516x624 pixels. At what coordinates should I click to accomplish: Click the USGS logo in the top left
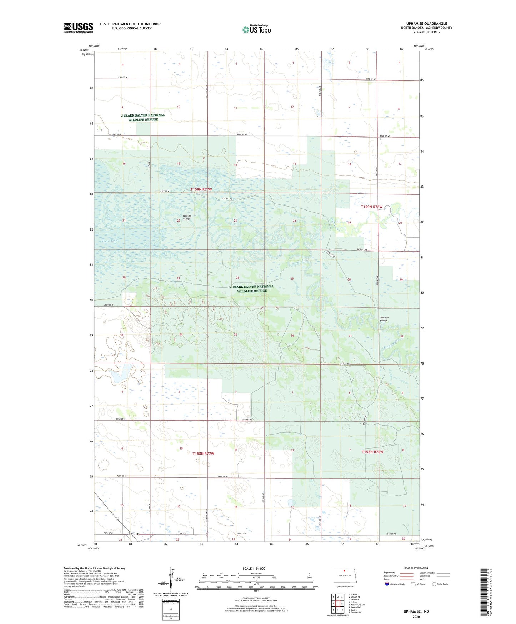coord(78,28)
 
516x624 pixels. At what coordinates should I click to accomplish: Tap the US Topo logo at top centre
coord(256,29)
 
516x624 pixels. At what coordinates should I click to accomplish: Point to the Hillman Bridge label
coord(187,217)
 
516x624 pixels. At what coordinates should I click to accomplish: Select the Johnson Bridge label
coord(384,319)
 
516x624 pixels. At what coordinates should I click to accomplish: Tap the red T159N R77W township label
coord(201,189)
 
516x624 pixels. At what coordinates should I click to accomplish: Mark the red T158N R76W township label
coord(372,452)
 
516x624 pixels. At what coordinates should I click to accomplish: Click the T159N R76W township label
coord(371,207)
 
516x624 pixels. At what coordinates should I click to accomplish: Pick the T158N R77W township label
coord(203,454)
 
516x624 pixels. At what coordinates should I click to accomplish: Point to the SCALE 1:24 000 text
coord(254,568)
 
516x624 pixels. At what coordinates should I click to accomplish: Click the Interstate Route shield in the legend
coord(387,584)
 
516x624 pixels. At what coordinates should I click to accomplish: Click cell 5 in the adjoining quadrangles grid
coord(342,603)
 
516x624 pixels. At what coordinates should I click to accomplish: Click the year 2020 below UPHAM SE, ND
coord(416,616)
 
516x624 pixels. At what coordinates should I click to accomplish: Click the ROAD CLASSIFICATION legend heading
coord(416,568)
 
